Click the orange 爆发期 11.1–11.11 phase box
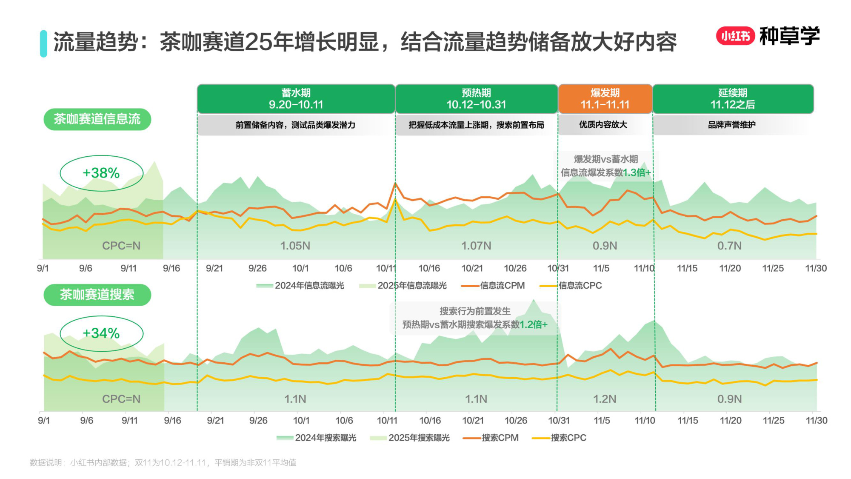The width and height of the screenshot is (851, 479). (x=605, y=99)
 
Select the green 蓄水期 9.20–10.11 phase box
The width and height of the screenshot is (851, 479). (x=296, y=99)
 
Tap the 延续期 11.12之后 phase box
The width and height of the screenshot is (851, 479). (x=733, y=99)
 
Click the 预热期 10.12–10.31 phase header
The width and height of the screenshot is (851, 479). (x=476, y=99)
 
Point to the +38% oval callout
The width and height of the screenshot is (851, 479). (x=101, y=173)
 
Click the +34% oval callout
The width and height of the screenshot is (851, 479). (x=101, y=333)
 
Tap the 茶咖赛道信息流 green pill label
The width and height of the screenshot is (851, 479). (x=97, y=119)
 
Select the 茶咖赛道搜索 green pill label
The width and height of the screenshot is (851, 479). (x=97, y=294)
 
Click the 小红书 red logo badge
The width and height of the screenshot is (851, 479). (x=735, y=36)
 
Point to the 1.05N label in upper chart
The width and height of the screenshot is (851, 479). (x=295, y=246)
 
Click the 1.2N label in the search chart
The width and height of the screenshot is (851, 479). (x=604, y=399)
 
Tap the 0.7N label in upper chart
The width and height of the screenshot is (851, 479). (x=729, y=246)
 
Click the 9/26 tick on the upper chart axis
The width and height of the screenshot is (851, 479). (x=257, y=268)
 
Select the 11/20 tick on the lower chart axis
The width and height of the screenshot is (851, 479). (x=731, y=420)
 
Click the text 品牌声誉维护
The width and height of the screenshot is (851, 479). (x=731, y=125)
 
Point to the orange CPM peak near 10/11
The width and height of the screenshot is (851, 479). (x=395, y=184)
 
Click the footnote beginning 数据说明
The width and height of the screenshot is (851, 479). (x=163, y=462)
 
